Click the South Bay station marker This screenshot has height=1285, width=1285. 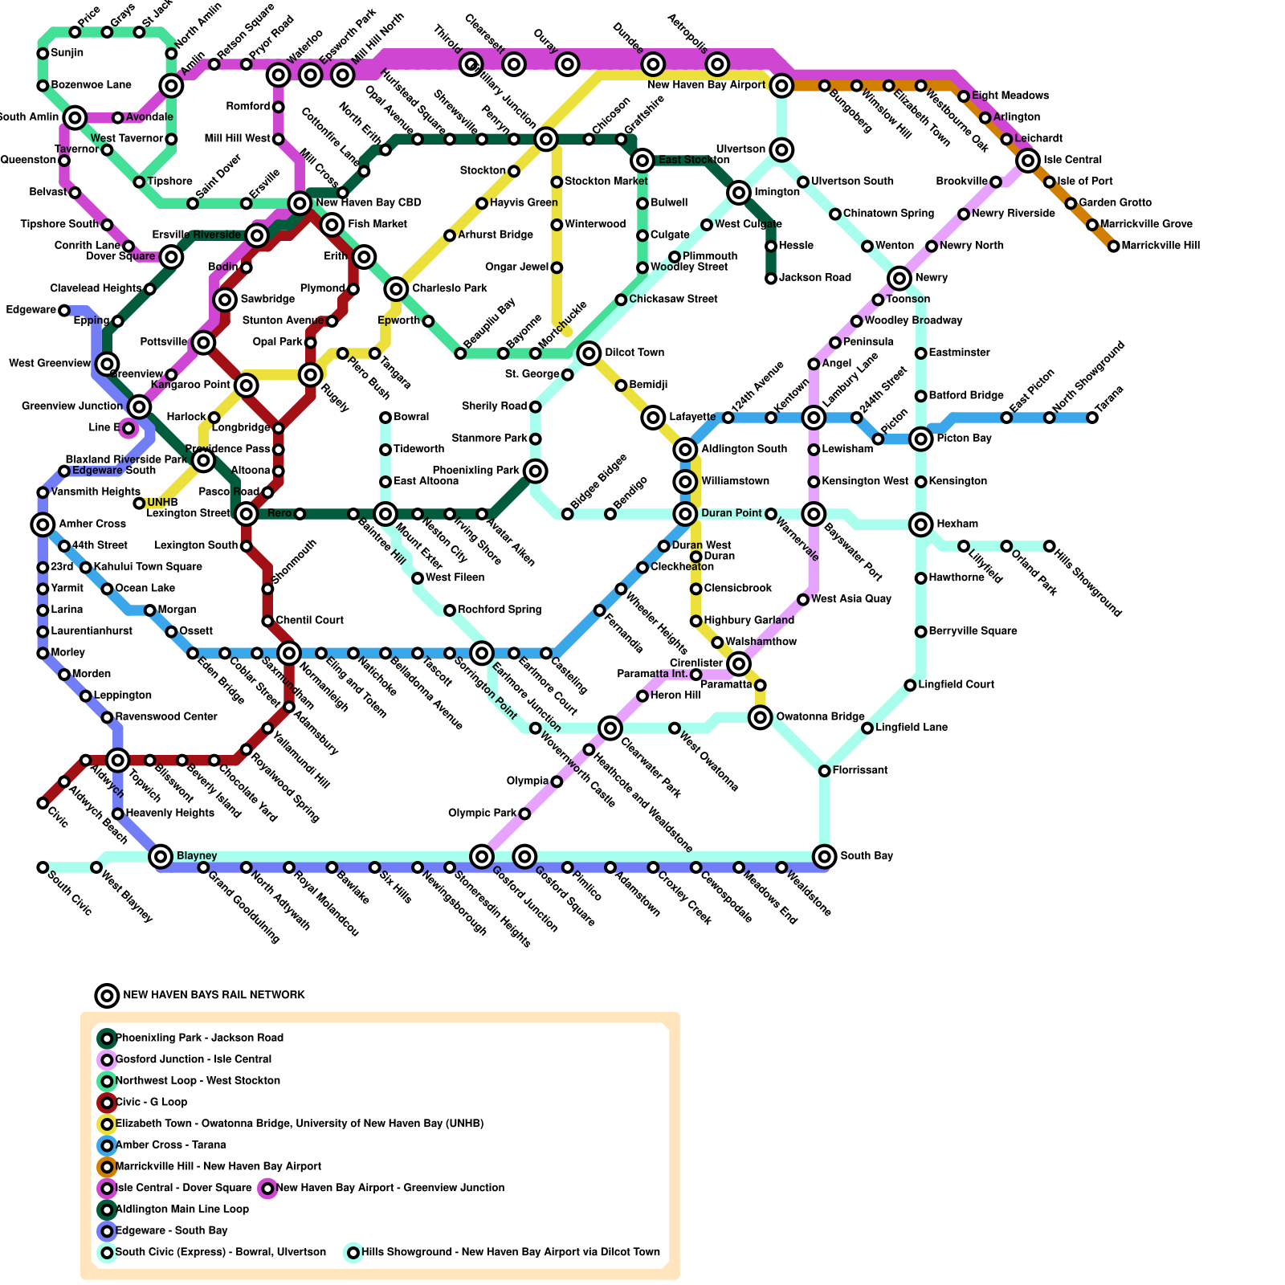point(824,856)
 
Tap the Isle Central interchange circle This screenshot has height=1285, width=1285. point(1028,161)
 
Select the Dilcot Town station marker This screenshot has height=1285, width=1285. point(589,353)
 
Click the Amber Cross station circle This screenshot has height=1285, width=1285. point(43,524)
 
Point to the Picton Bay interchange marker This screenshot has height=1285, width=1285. point(921,439)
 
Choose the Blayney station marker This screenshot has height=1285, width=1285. point(161,856)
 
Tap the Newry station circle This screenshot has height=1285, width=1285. point(899,278)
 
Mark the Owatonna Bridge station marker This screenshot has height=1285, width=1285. point(761,717)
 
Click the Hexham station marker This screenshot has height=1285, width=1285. point(921,524)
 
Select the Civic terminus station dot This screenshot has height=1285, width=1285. point(43,803)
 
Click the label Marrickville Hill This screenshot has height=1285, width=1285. point(1161,246)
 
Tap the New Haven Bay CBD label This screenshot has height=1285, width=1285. point(368,203)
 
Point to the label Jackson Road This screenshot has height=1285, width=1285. point(814,278)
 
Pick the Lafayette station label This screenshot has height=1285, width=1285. point(691,417)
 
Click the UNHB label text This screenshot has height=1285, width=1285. point(162,504)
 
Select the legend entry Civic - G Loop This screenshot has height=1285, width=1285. point(151,1102)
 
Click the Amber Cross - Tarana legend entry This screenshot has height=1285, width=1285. point(170,1144)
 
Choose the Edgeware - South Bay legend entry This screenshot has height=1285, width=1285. point(171,1230)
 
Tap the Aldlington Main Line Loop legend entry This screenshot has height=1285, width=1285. point(182,1209)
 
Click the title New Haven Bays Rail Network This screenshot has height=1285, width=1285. point(214,995)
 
